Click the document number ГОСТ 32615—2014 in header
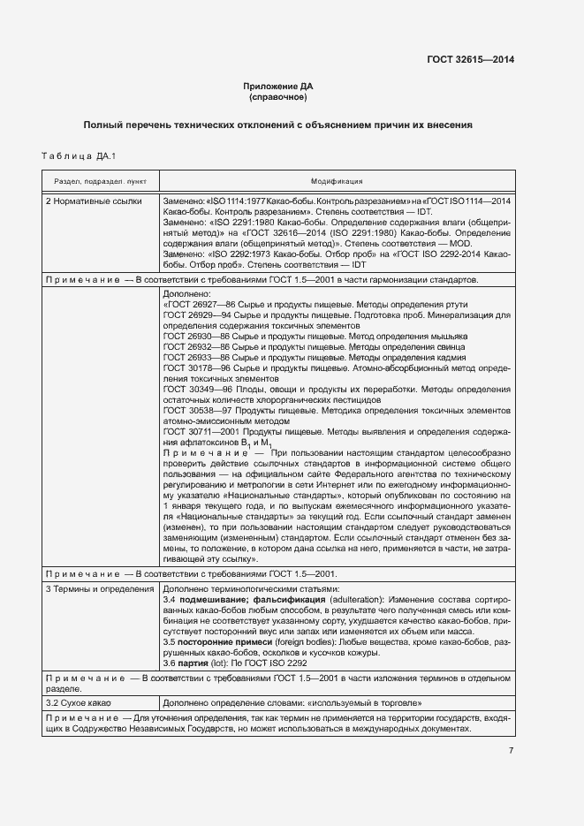(470, 60)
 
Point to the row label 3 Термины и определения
(98, 587)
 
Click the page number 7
(511, 751)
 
